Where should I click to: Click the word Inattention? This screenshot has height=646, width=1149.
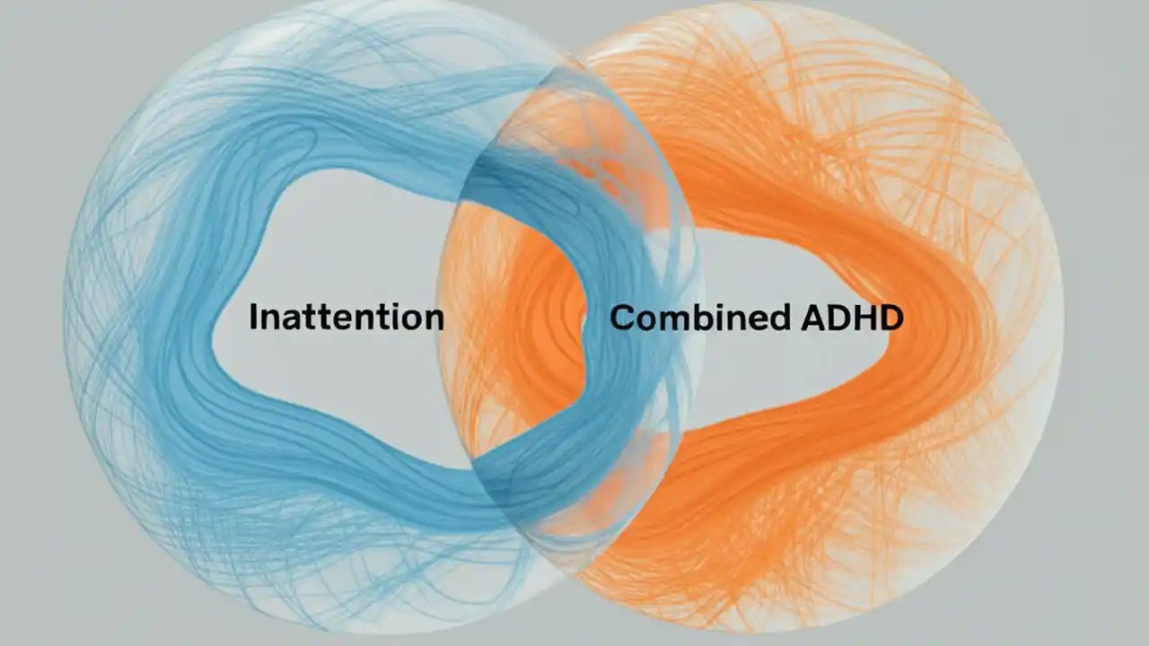[346, 317]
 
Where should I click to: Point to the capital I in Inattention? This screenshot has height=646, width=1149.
[254, 317]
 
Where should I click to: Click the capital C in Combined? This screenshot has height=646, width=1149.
[624, 318]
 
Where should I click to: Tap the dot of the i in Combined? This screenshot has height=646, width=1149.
[718, 304]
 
